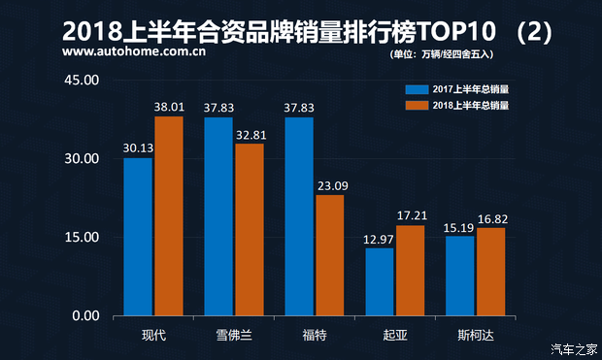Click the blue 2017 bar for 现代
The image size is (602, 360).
point(138,237)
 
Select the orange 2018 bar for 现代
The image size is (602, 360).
point(169,216)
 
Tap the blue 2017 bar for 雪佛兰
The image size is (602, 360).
point(218,216)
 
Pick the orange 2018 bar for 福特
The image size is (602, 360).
point(330,255)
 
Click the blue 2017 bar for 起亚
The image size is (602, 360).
point(380,281)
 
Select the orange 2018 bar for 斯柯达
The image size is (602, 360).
point(491,272)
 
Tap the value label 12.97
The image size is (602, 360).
point(380,240)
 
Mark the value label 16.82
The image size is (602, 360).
point(491,219)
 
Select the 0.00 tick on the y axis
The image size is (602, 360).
point(84,316)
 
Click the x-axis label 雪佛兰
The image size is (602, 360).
point(234,336)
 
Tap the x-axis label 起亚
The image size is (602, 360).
point(395,336)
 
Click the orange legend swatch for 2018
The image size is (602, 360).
point(417,104)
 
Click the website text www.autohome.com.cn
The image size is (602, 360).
point(133,53)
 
